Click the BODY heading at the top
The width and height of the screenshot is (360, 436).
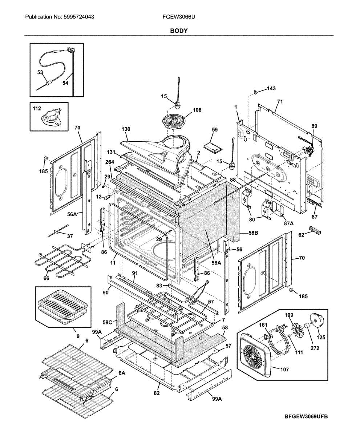[179, 31]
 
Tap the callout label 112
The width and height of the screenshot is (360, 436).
[37, 108]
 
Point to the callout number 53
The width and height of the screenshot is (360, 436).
[40, 72]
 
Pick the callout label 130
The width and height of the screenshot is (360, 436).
[126, 129]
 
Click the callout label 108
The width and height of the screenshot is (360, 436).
[197, 109]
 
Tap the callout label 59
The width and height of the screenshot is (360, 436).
[215, 129]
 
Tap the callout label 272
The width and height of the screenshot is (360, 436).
[315, 348]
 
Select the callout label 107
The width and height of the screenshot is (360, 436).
[284, 370]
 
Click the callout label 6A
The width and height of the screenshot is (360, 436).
[122, 373]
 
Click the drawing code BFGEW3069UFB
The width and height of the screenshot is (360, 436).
[306, 416]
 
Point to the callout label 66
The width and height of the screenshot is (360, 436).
[46, 279]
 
